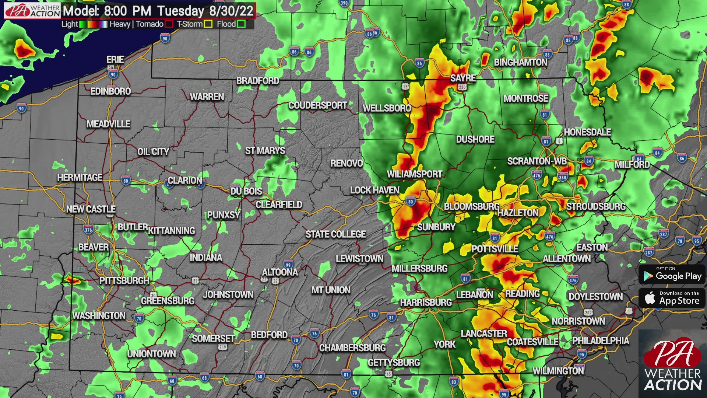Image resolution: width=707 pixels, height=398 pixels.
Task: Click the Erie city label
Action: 115,60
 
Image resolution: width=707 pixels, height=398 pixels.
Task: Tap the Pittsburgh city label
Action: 124,281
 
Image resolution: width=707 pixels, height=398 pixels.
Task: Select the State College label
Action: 335,234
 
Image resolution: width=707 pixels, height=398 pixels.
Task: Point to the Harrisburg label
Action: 426,303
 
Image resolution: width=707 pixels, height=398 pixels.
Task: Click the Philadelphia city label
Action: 600,341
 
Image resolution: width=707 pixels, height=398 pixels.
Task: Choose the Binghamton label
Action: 520,63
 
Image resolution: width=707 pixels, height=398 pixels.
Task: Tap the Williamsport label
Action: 414,174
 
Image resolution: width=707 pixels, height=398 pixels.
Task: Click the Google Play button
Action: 672,275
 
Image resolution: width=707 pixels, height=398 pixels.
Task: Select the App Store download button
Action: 672,298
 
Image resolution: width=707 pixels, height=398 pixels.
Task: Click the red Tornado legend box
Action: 169,24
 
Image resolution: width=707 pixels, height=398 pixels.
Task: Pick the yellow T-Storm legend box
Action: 208,24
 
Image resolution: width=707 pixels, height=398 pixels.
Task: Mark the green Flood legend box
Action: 241,24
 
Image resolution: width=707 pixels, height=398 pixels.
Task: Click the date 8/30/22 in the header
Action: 231,11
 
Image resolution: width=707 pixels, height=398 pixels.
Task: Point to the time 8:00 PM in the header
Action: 128,11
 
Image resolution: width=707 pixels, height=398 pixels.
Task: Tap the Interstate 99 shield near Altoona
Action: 288,264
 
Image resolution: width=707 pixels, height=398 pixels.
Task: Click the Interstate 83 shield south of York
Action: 454,382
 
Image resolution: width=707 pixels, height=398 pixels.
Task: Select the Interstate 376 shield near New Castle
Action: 88,230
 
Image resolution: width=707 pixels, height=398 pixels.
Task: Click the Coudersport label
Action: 317,106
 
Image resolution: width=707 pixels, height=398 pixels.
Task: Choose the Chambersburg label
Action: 352,348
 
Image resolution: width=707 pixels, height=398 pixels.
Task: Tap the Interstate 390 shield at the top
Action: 344,3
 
